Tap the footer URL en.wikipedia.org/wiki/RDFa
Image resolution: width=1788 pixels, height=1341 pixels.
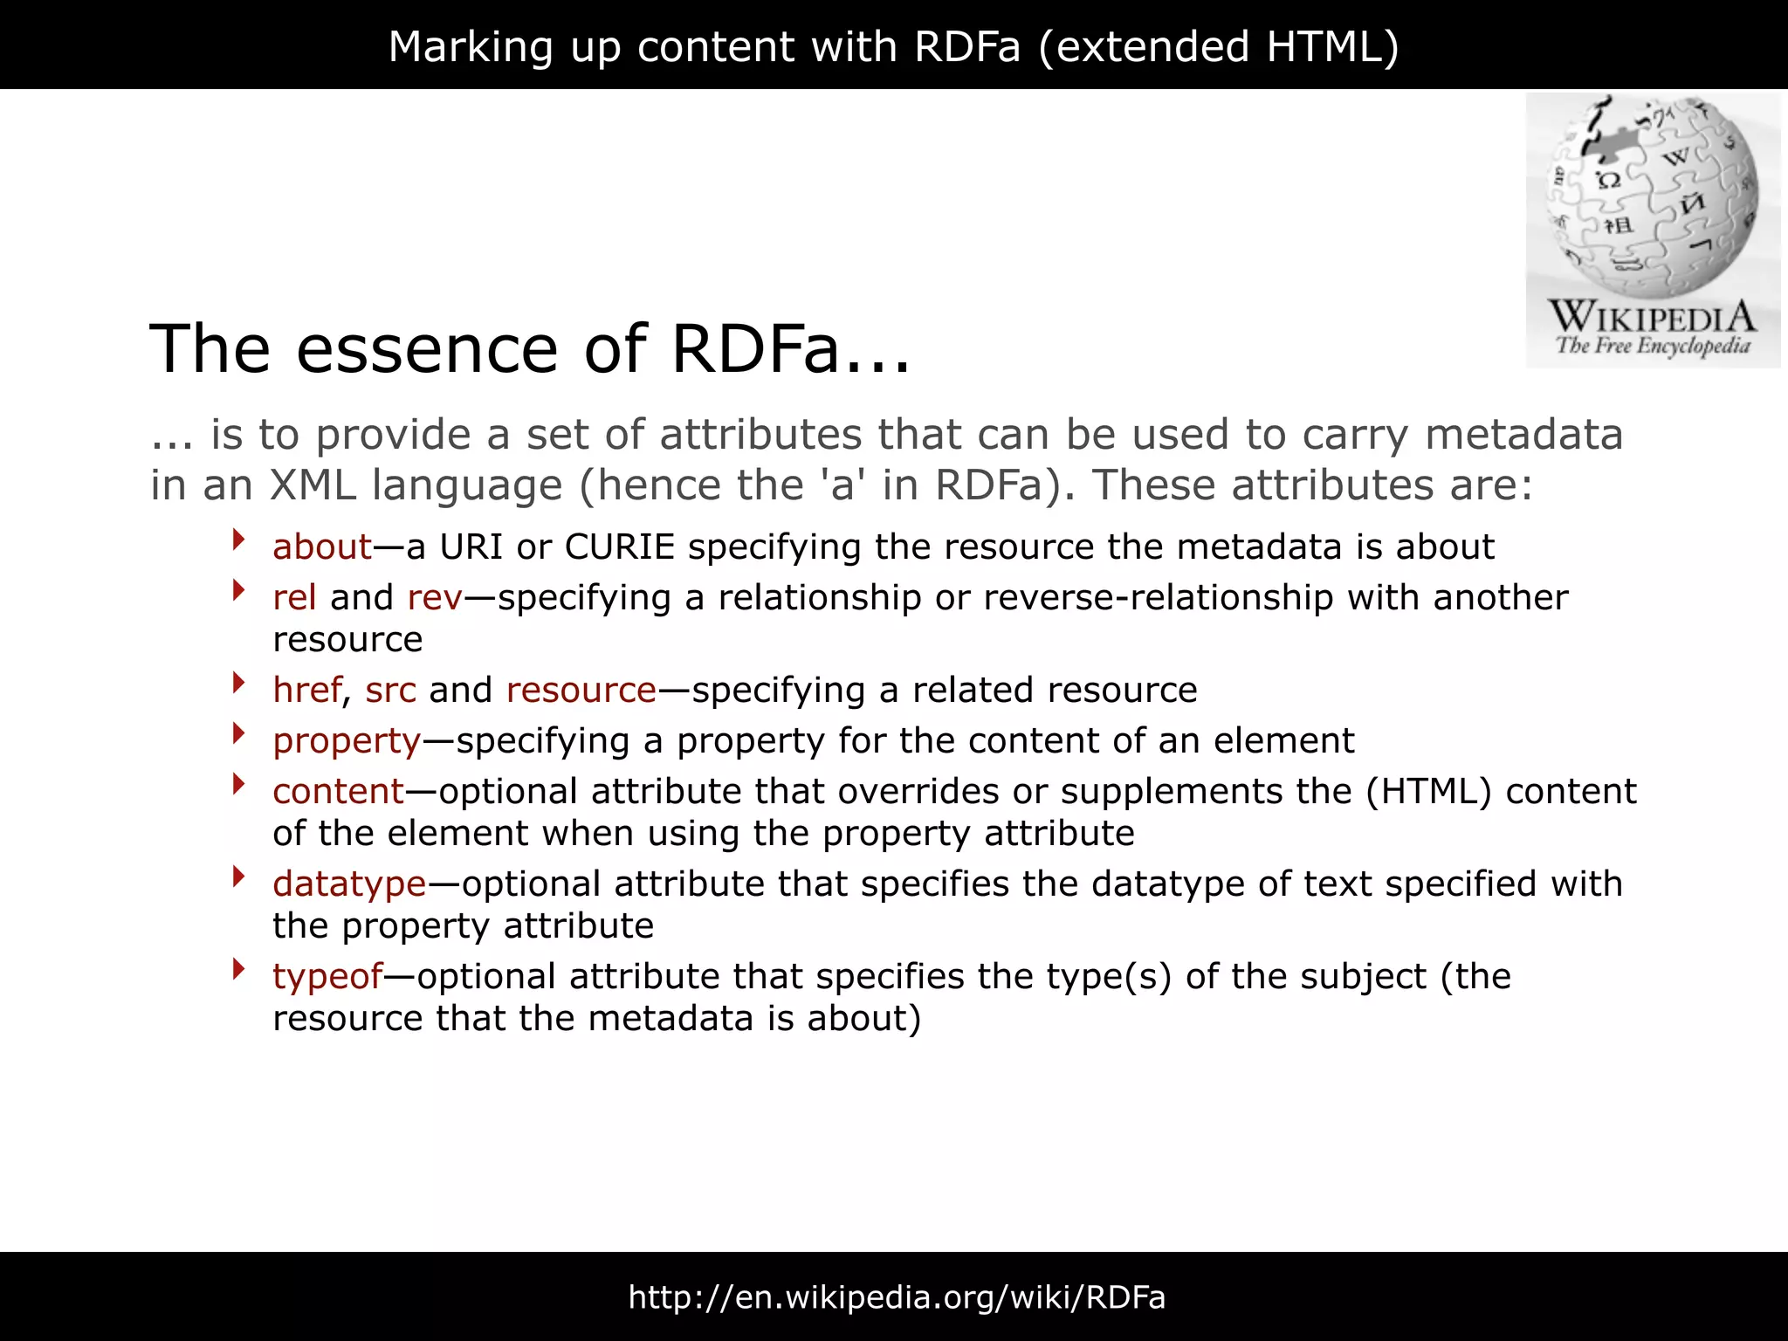tap(897, 1297)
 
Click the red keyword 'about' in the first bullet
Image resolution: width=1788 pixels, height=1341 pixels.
tap(322, 547)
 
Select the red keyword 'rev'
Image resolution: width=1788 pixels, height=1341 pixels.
tap(434, 598)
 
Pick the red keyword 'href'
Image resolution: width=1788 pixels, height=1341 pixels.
tap(306, 691)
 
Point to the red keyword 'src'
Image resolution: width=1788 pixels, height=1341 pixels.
tap(390, 691)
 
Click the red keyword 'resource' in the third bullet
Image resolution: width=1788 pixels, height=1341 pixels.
tap(581, 691)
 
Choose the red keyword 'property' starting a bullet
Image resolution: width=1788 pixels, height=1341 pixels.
tap(347, 741)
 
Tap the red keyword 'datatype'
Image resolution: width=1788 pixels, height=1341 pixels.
tap(349, 884)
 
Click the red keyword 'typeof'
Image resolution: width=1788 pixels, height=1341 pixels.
tap(327, 977)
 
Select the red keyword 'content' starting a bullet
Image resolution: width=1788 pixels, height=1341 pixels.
tap(338, 792)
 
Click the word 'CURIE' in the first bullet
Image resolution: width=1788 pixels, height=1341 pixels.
tap(620, 547)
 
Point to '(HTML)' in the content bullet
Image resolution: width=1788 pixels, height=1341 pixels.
tap(1428, 792)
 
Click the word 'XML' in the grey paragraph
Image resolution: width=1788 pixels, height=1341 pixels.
tap(313, 485)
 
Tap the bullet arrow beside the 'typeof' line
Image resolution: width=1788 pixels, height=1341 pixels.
tap(238, 969)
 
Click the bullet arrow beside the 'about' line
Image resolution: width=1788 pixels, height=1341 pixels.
tap(238, 540)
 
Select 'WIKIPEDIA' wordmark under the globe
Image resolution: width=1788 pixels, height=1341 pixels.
tap(1652, 316)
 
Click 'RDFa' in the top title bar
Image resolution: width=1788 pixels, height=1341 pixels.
tap(966, 46)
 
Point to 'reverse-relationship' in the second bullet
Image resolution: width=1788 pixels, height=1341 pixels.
tap(1158, 598)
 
